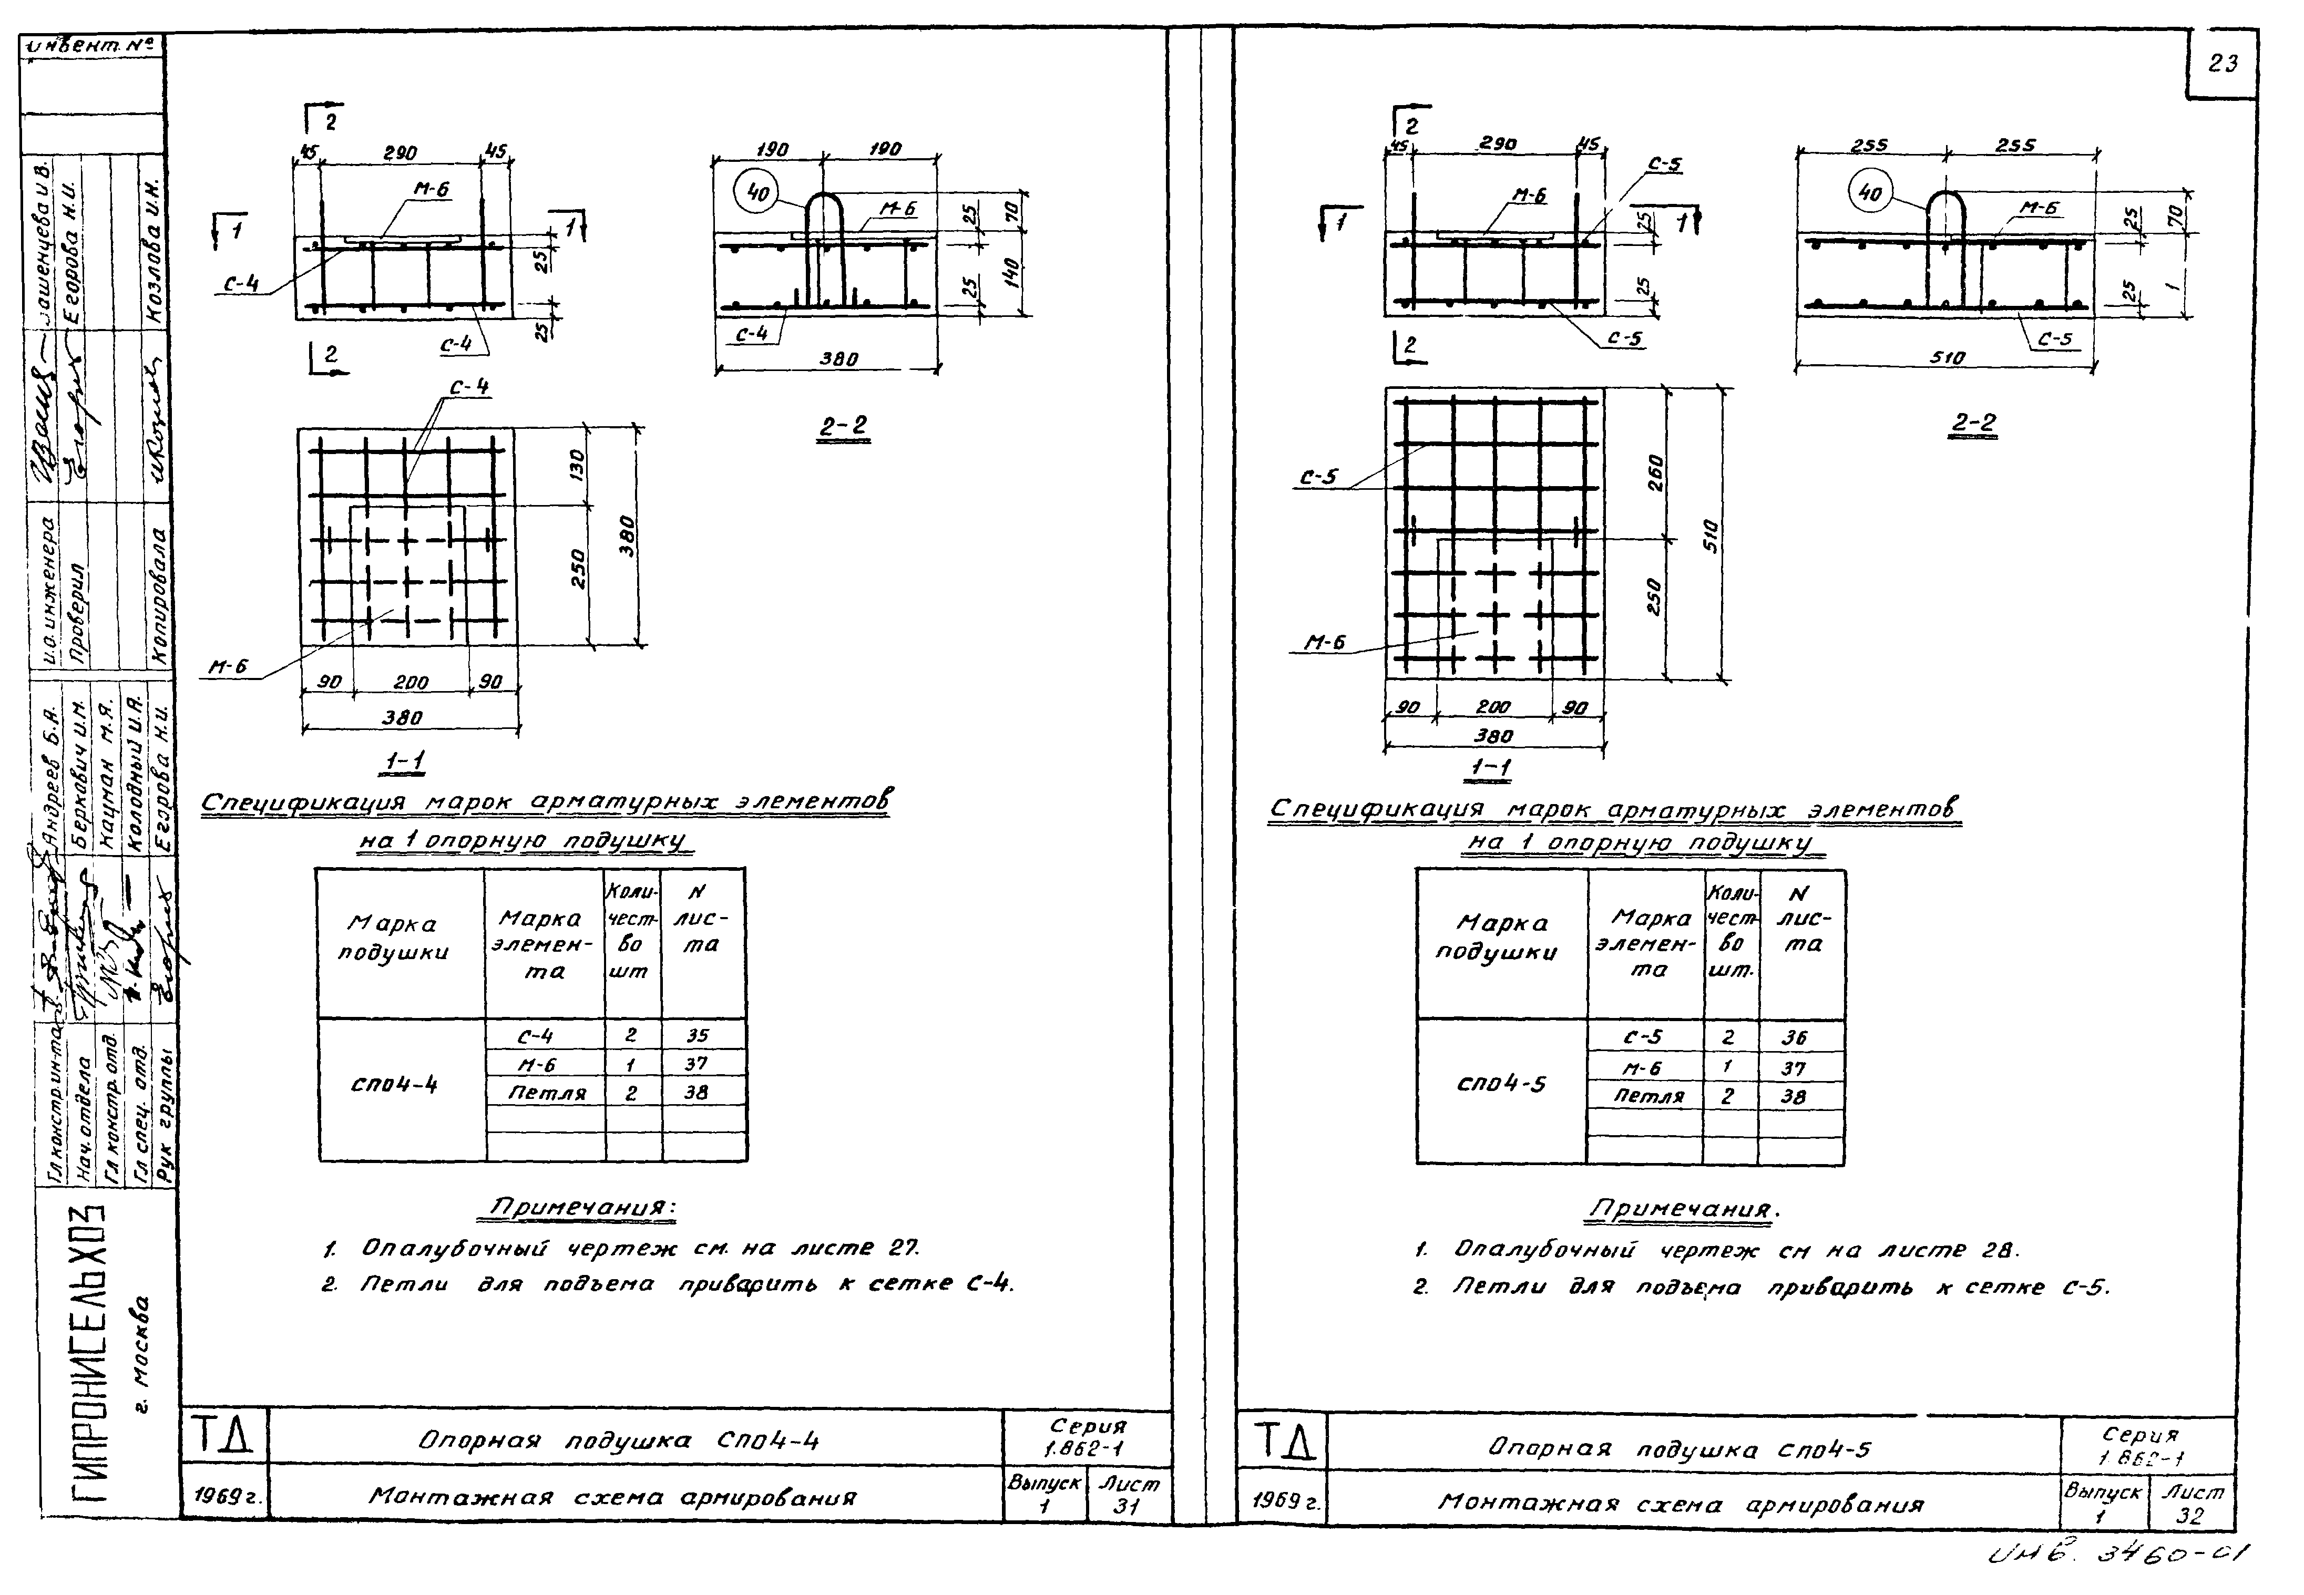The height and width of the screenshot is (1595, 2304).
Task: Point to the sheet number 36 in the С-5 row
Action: pos(1794,1037)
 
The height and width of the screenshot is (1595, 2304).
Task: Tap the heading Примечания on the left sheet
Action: pos(580,1207)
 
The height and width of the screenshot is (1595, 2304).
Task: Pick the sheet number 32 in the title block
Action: pos(2189,1514)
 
